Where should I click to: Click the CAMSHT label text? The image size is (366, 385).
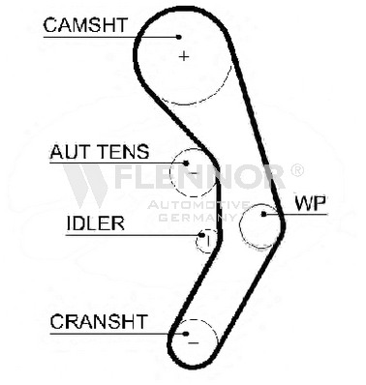pos(85,25)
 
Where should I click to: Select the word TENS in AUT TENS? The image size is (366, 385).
pos(124,152)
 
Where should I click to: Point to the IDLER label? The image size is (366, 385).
pos(96,223)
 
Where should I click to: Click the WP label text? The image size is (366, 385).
pos(310,203)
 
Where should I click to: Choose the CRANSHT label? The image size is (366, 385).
pos(99,321)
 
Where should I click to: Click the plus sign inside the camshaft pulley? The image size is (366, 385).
pos(184,57)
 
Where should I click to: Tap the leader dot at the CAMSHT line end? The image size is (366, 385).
pos(178,37)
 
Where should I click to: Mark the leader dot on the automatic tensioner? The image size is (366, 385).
pos(186,163)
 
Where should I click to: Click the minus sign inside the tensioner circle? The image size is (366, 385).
pos(194,173)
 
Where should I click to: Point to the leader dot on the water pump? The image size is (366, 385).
pos(264,214)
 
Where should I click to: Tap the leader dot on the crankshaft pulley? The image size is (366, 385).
pos(186,334)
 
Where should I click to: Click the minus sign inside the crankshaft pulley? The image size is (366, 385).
pos(194,343)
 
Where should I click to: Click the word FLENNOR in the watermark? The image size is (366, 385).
pos(199,177)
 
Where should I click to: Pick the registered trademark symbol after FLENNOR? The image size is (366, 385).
pos(297,170)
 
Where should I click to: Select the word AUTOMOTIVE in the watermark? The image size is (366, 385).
pos(198,205)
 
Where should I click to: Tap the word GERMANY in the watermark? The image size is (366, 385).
pos(198,218)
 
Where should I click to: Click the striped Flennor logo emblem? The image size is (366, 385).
pos(85,186)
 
